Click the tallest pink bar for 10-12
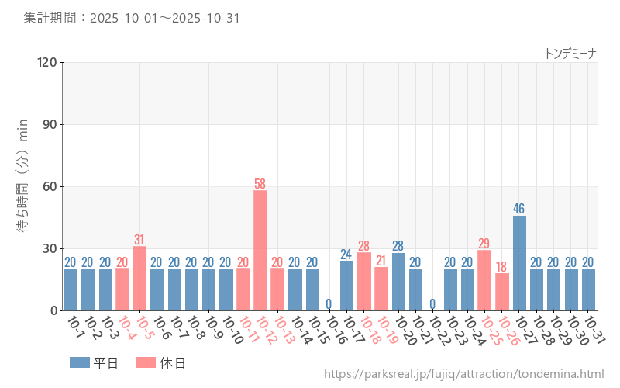[260, 250]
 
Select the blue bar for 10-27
[519, 263]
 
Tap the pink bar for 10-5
[139, 278]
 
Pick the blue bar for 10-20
[398, 282]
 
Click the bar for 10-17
[346, 286]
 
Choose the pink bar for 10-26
[502, 292]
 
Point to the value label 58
[260, 184]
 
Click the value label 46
[519, 209]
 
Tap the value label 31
[139, 240]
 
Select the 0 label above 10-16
[329, 303]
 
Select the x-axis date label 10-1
[75, 327]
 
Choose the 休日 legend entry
[161, 362]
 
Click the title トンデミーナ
[570, 54]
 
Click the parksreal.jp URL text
[463, 375]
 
